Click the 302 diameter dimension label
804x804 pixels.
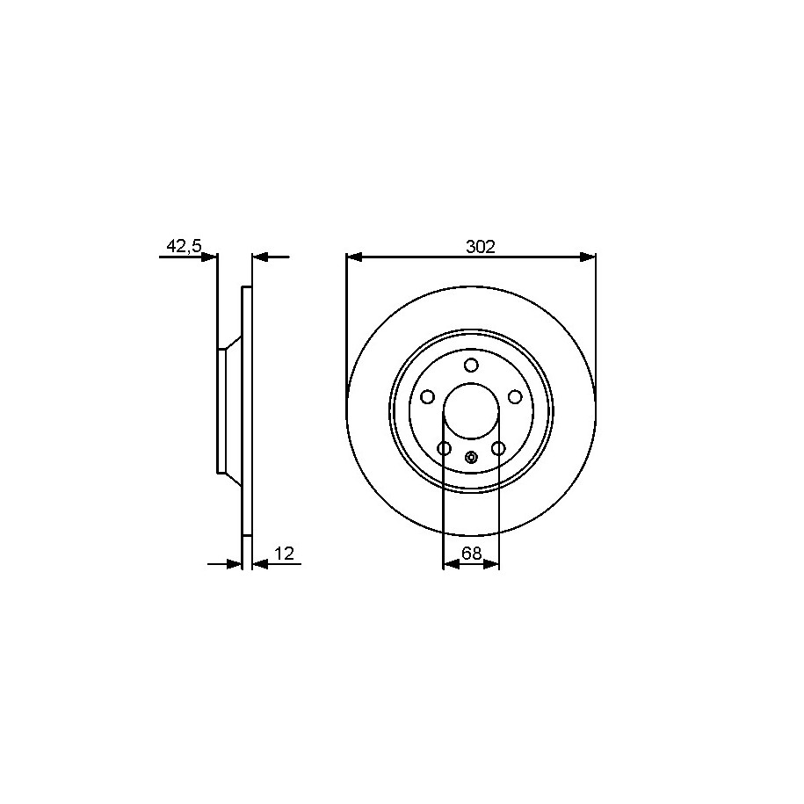[x=481, y=247]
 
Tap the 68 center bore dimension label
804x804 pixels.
[x=471, y=554]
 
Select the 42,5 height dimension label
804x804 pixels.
[x=184, y=247]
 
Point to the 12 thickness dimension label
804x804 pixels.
[x=284, y=554]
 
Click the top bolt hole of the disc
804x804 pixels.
[x=471, y=365]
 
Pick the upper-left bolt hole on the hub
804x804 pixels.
[x=427, y=397]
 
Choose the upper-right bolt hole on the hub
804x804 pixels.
[x=514, y=397]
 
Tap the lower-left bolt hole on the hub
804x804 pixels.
[x=444, y=449]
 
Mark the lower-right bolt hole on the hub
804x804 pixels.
[x=498, y=449]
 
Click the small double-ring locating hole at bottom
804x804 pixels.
[x=471, y=457]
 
